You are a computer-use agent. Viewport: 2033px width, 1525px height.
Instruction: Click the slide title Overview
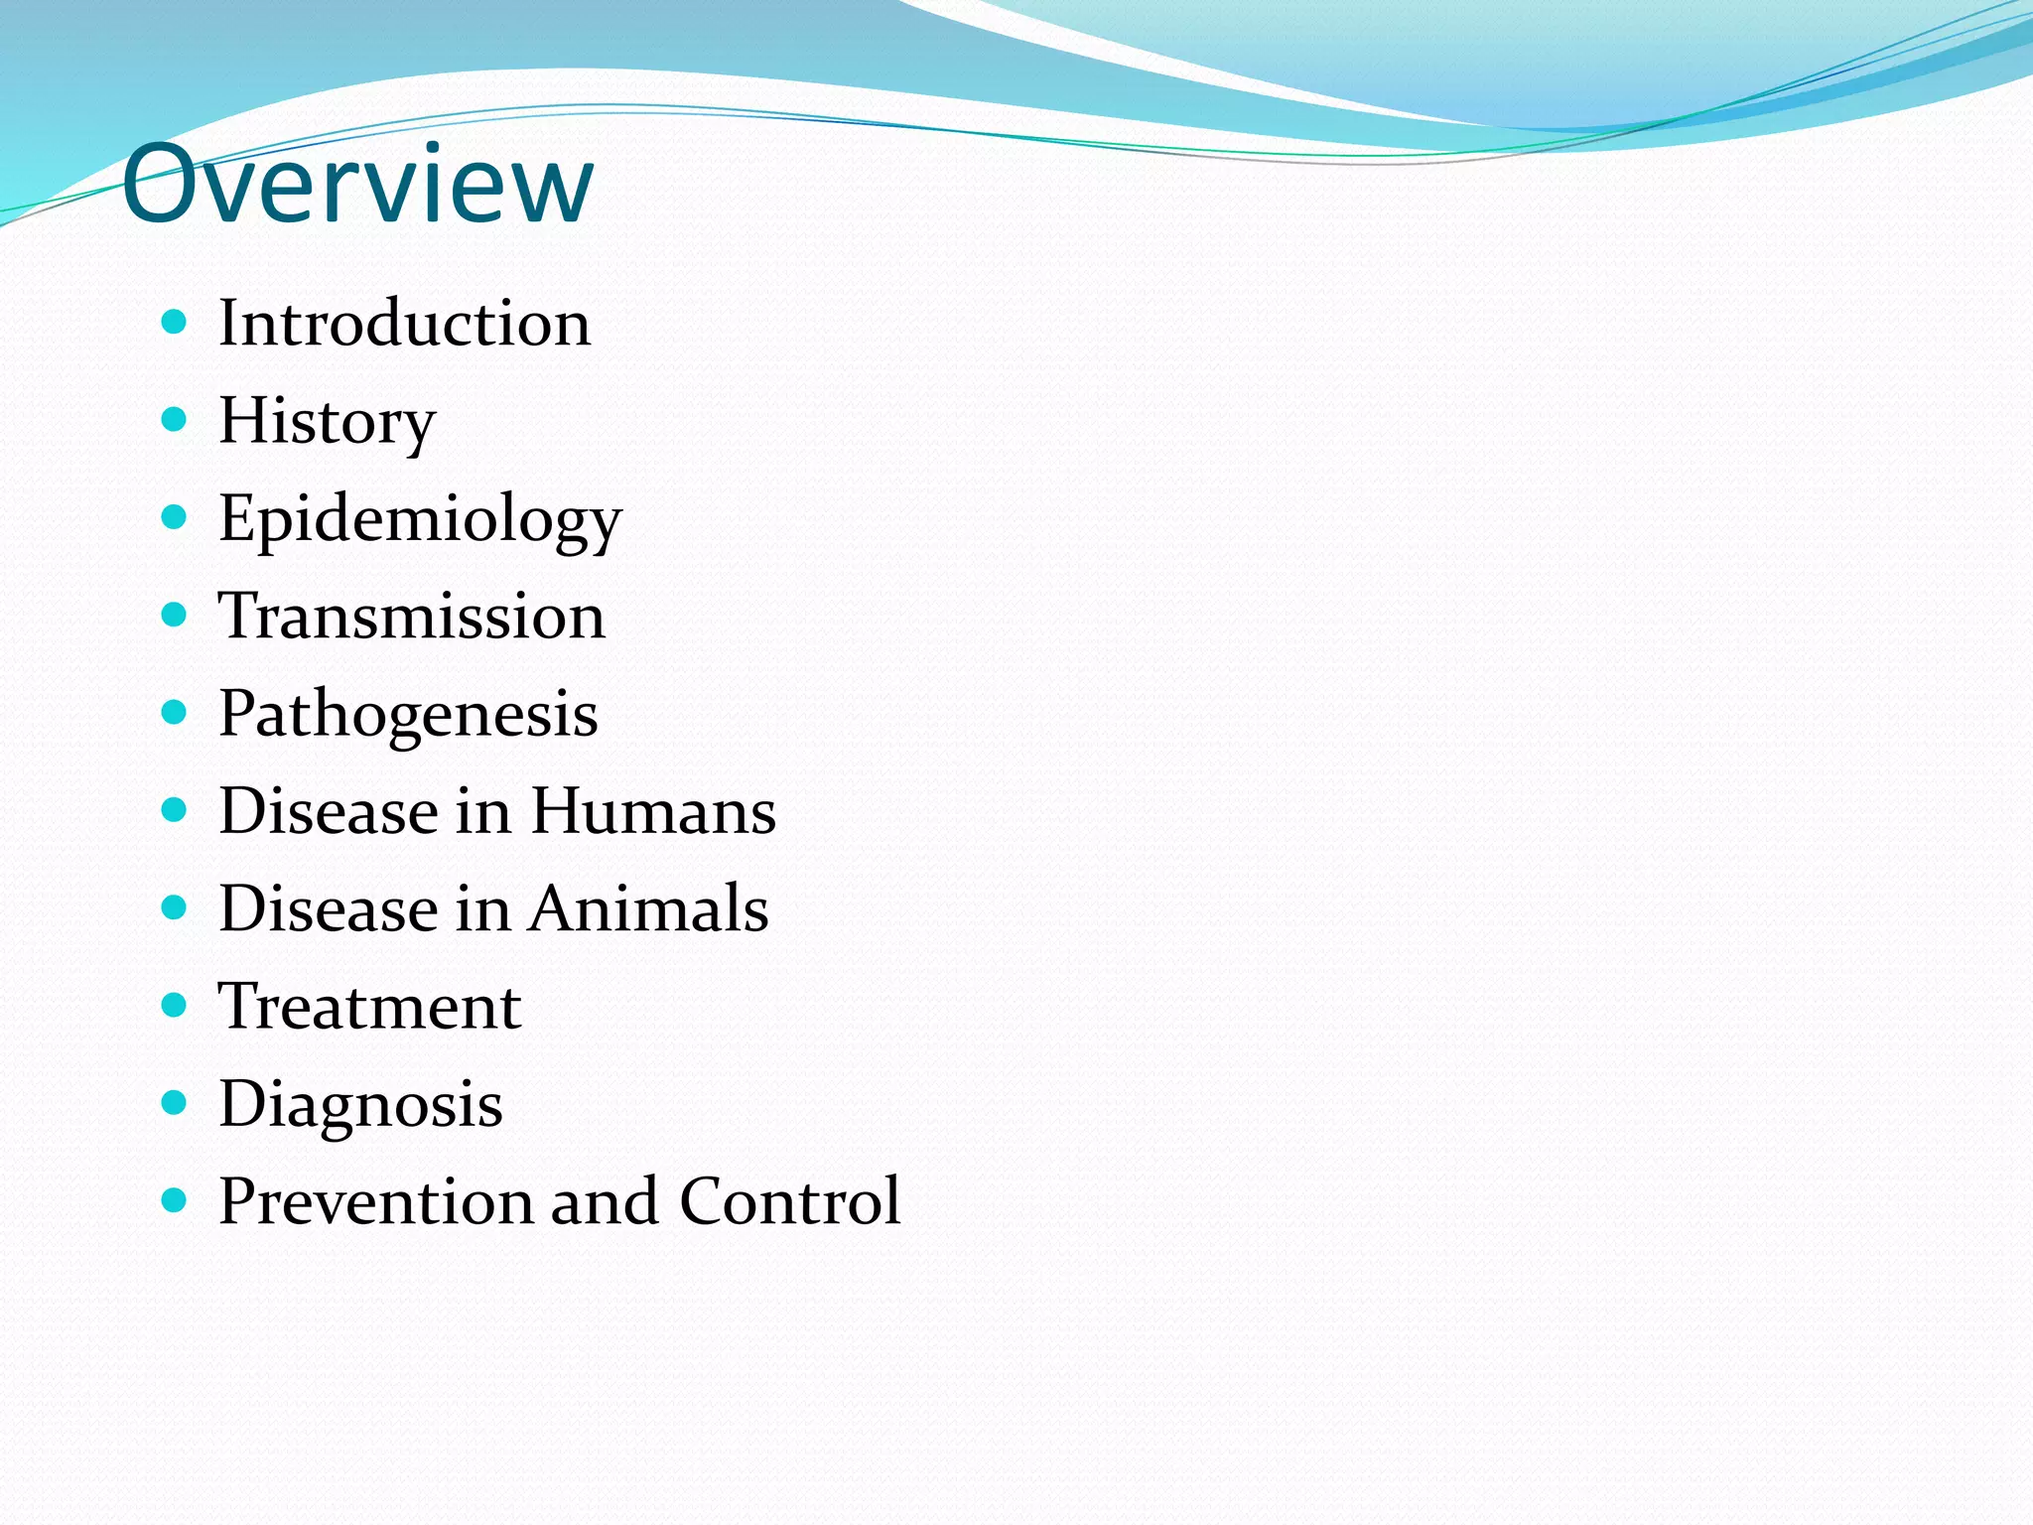(x=357, y=185)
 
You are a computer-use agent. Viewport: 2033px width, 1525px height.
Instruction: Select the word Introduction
(x=404, y=324)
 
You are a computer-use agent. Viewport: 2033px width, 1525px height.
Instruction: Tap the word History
(x=327, y=421)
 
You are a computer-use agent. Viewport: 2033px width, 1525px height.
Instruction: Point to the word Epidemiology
(x=420, y=518)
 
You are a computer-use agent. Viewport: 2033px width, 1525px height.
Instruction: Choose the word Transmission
(x=411, y=616)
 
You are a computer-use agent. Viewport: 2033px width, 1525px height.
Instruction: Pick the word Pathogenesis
(x=408, y=714)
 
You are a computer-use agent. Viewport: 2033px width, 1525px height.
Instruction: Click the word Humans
(x=653, y=811)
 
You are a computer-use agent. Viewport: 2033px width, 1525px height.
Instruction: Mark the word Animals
(x=648, y=908)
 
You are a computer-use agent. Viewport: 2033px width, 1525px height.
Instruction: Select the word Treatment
(x=369, y=1007)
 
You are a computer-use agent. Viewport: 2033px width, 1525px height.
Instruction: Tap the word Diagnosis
(x=360, y=1104)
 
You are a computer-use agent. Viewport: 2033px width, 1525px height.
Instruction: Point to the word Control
(x=790, y=1201)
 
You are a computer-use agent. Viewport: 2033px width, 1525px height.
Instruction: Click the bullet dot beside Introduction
(x=174, y=322)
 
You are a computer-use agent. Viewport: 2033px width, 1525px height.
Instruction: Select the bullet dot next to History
(x=174, y=420)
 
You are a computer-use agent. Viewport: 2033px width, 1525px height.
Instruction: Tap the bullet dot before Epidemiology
(x=174, y=517)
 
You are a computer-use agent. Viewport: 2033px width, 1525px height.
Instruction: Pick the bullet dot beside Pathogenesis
(x=174, y=712)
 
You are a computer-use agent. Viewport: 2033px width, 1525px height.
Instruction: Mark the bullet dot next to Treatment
(x=174, y=1006)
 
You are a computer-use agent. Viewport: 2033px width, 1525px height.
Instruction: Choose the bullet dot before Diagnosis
(x=174, y=1103)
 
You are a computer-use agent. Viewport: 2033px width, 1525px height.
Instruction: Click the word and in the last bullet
(x=605, y=1201)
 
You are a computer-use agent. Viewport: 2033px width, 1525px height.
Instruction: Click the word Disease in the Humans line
(x=328, y=811)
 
